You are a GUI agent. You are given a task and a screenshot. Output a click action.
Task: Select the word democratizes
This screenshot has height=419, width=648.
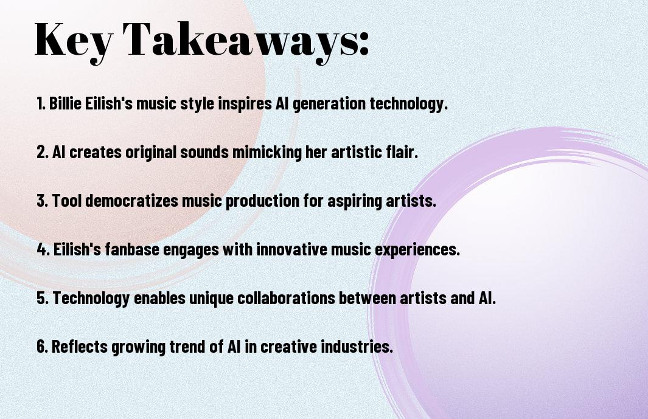(x=132, y=201)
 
